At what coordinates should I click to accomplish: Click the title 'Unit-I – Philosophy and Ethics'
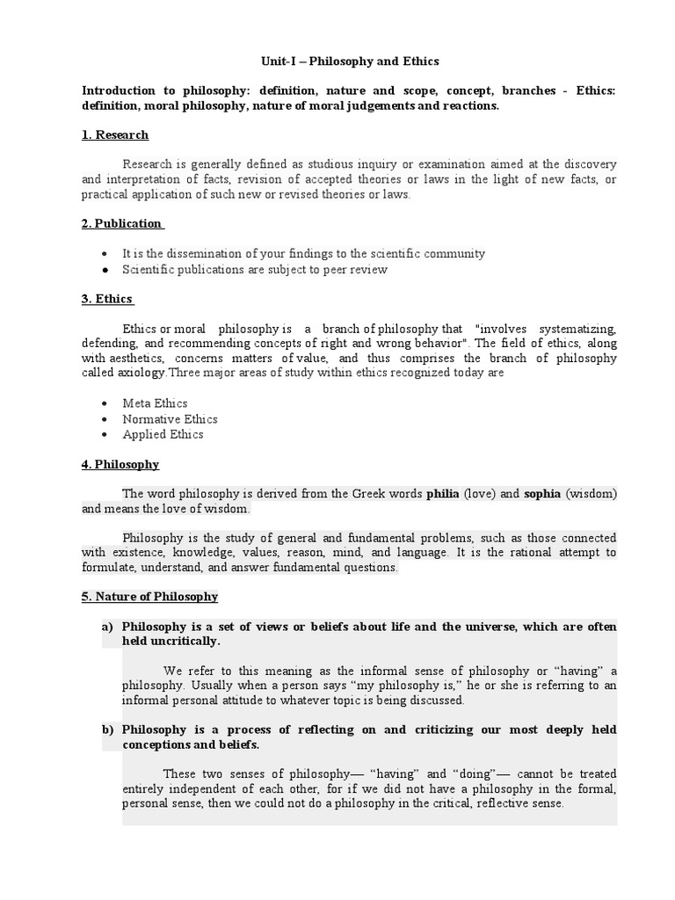click(337, 62)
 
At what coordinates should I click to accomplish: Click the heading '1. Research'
click(115, 134)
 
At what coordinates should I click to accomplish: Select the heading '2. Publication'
click(121, 223)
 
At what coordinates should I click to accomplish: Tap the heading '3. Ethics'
click(107, 299)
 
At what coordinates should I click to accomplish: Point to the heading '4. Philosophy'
click(120, 463)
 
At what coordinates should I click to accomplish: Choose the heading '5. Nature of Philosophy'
click(149, 596)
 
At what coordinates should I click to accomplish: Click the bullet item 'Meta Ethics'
click(155, 403)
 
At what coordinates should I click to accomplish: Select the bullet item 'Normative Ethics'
click(170, 419)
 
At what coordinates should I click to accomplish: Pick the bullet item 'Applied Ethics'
click(163, 434)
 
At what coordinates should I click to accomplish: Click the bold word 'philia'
click(443, 493)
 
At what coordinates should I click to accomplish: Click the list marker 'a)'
click(107, 626)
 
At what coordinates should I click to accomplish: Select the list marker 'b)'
click(107, 729)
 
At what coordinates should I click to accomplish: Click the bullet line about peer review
click(255, 270)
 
